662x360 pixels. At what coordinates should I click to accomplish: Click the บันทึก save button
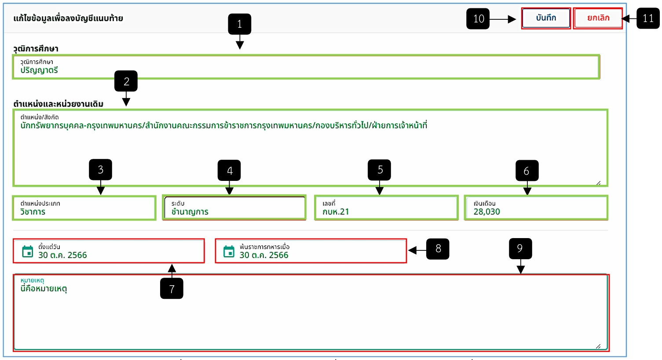(x=546, y=18)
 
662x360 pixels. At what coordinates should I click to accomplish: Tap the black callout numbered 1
(x=239, y=24)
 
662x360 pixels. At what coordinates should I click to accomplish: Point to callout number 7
(x=172, y=288)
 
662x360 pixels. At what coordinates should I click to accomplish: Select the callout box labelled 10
(x=478, y=18)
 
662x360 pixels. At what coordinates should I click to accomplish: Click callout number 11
(x=648, y=18)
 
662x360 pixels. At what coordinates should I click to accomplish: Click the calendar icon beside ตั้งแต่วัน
(x=28, y=251)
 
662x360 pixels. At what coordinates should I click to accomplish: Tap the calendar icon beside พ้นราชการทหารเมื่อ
(x=229, y=251)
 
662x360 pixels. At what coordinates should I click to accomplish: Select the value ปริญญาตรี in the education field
(x=39, y=70)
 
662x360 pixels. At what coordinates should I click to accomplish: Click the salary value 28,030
(x=487, y=212)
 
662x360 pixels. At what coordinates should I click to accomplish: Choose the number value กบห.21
(x=336, y=212)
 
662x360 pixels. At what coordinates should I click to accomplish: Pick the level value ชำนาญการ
(x=190, y=212)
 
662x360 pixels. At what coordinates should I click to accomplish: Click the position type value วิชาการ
(x=33, y=212)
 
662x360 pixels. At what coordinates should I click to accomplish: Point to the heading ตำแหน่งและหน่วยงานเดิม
(x=58, y=104)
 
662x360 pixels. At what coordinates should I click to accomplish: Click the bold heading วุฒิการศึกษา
(x=36, y=48)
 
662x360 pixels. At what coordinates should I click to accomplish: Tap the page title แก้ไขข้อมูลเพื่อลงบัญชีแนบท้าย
(x=68, y=18)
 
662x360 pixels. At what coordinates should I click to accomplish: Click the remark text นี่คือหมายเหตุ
(x=44, y=288)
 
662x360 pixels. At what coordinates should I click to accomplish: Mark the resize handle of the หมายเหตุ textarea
(x=598, y=346)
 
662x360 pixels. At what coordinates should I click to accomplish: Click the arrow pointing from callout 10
(x=503, y=19)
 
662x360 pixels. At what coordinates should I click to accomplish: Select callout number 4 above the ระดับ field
(x=229, y=170)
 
